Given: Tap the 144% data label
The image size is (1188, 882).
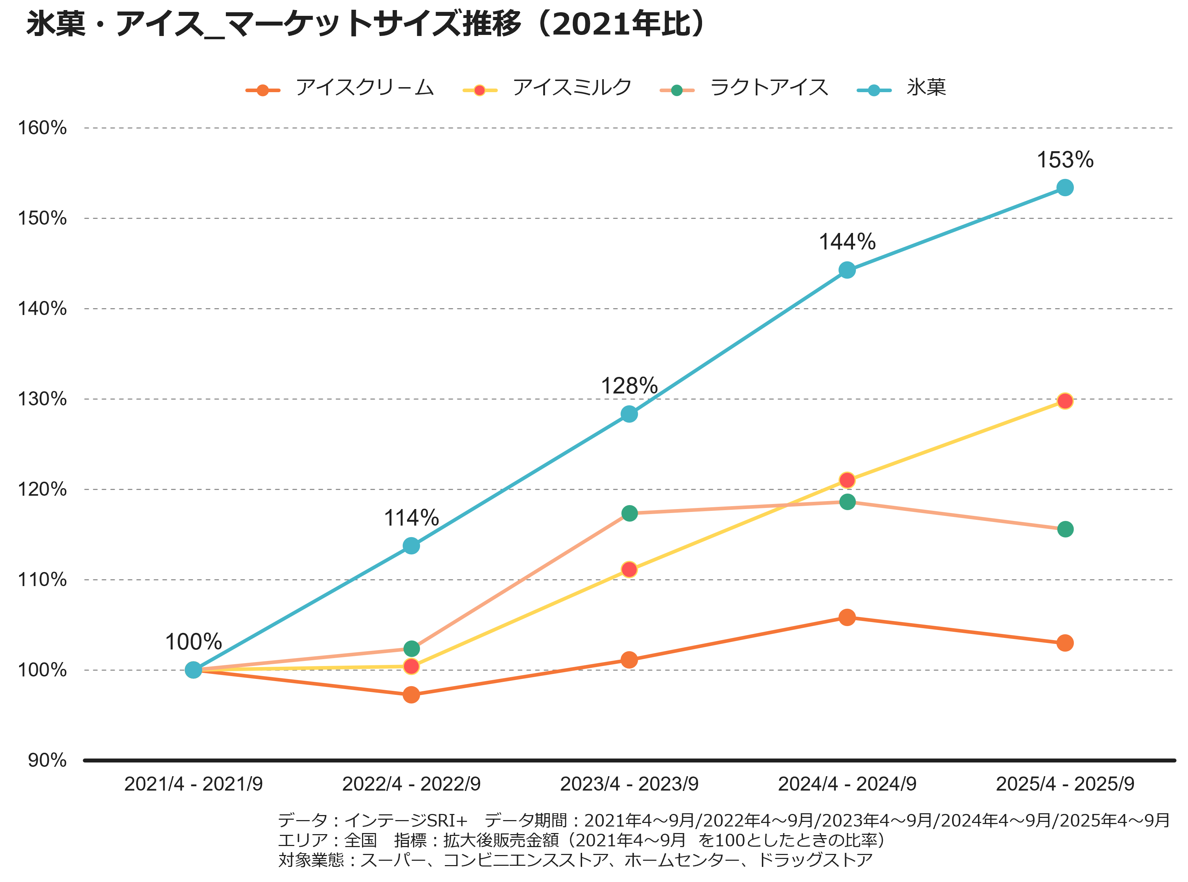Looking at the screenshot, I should (847, 242).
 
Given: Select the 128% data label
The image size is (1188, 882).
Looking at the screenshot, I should (629, 386).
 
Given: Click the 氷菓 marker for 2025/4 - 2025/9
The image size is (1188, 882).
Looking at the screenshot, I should (1064, 188).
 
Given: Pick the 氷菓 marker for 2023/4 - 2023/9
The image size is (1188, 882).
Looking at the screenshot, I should (629, 414).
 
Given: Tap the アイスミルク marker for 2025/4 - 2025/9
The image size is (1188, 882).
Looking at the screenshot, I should (1064, 401).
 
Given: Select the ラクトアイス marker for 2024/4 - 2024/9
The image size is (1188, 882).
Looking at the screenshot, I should (847, 502).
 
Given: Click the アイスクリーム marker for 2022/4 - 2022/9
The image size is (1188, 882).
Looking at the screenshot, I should (411, 694).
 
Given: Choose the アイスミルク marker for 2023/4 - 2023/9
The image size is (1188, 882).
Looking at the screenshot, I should (629, 570).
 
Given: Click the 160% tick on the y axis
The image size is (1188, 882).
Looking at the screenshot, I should (43, 128).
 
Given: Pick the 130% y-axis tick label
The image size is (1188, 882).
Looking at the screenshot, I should (43, 399).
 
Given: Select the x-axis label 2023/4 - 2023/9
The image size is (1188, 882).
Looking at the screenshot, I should (629, 784).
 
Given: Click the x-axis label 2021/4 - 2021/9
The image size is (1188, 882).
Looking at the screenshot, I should (193, 784).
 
